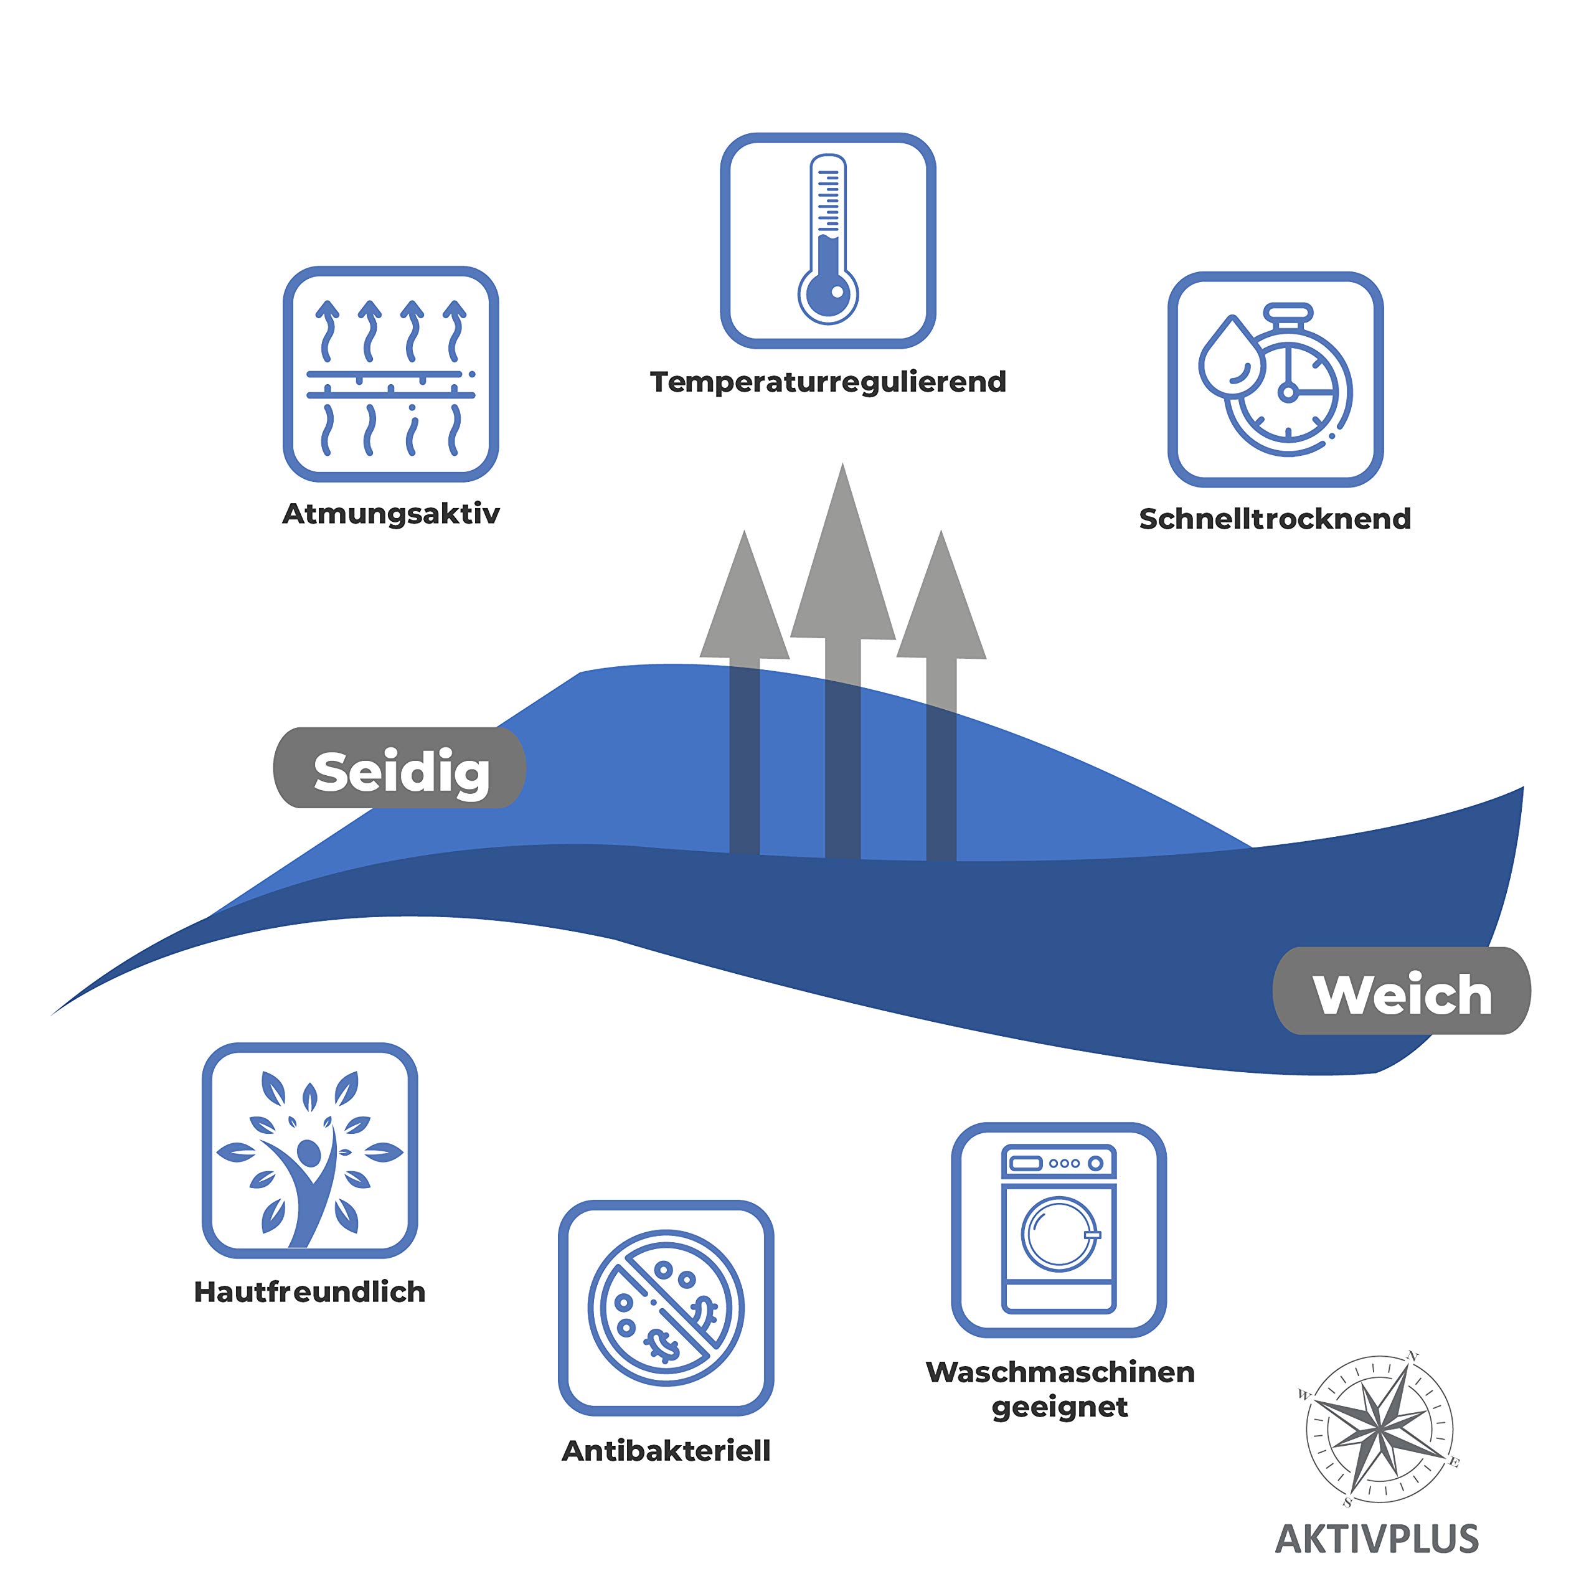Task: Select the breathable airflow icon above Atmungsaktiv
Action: pyautogui.click(x=390, y=374)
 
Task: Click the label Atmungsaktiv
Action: pyautogui.click(x=390, y=514)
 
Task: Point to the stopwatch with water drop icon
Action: pyautogui.click(x=1275, y=380)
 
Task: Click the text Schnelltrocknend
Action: pyautogui.click(x=1275, y=519)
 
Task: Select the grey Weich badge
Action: pyautogui.click(x=1402, y=991)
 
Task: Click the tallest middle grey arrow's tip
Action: pyautogui.click(x=842, y=464)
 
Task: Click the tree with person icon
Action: pyautogui.click(x=309, y=1158)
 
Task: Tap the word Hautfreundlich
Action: pyautogui.click(x=309, y=1292)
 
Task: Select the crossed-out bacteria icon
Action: pyautogui.click(x=666, y=1309)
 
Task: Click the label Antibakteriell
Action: pyautogui.click(x=666, y=1451)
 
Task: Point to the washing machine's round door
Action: pyautogui.click(x=1059, y=1234)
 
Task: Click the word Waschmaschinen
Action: pyautogui.click(x=1060, y=1372)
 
